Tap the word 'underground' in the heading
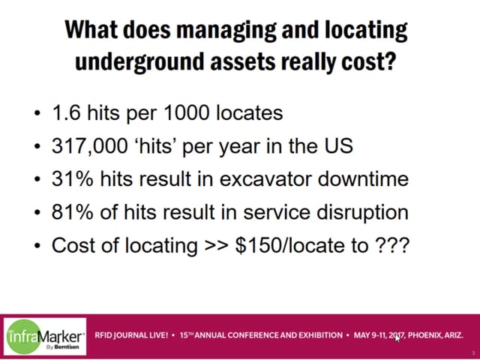[x=139, y=61]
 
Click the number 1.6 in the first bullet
[x=67, y=112]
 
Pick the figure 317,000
[x=90, y=146]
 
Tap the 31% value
[x=72, y=178]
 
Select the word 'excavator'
[x=266, y=179]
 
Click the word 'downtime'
[x=363, y=178]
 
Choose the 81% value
[x=72, y=211]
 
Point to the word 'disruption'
[x=362, y=212]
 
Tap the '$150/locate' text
[x=291, y=245]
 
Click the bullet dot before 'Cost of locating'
[x=37, y=245]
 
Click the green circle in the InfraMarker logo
[x=23, y=337]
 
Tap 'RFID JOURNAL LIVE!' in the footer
[x=131, y=335]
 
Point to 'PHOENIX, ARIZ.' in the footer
[x=435, y=335]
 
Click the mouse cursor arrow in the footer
[x=397, y=338]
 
